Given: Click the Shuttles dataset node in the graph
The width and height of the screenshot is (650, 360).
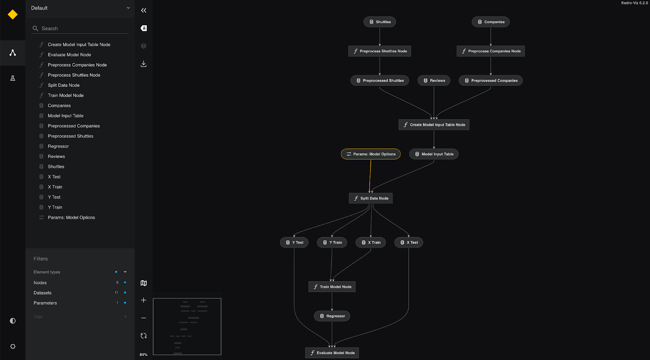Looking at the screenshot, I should [379, 22].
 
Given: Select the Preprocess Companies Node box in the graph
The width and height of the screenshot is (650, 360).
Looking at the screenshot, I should [490, 51].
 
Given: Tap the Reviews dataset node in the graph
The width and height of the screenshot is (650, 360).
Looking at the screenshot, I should [433, 80].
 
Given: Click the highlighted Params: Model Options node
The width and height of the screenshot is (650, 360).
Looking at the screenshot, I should [370, 154].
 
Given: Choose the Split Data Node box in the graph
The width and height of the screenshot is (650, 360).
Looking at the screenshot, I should [370, 198].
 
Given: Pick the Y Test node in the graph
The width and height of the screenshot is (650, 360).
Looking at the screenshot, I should [294, 243].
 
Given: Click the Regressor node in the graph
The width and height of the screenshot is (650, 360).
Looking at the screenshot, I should [332, 316].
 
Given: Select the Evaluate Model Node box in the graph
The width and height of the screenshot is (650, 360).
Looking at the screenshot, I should [332, 353].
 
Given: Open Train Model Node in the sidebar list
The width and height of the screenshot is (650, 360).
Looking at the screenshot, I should [66, 95].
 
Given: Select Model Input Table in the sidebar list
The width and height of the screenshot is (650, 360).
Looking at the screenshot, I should [65, 116].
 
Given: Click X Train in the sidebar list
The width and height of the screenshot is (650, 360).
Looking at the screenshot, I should [55, 187].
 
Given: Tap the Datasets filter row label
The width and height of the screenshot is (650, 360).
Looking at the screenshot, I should [43, 293].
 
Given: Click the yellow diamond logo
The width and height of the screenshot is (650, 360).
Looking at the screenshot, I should [13, 15].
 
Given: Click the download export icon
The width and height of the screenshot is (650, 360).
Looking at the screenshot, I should [143, 64].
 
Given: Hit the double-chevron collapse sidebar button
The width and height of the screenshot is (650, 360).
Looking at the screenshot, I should [143, 11].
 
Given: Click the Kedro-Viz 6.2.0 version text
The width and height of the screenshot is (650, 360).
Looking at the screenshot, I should [634, 3].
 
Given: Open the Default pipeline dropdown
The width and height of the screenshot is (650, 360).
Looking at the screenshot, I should [80, 8].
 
